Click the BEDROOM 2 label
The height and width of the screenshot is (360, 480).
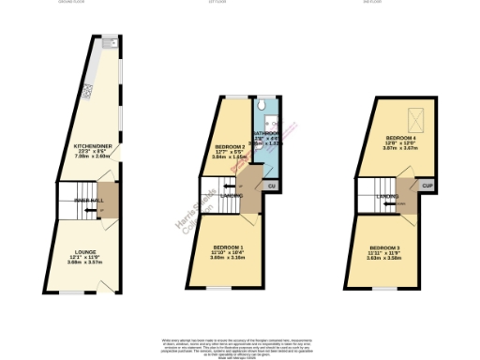230,147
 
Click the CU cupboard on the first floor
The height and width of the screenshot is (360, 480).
271,187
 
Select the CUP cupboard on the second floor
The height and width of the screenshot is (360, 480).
427,187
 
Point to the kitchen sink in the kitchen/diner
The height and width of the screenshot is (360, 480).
109,43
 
